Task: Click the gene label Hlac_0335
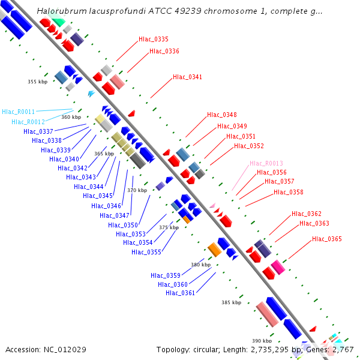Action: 153,39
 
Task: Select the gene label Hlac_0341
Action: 187,77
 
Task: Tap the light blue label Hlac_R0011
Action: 18,112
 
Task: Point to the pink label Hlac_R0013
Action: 266,163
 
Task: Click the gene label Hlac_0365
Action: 327,239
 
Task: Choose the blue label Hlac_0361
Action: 180,293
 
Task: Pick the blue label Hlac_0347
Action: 115,215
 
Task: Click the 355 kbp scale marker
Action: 37,82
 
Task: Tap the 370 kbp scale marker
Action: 137,190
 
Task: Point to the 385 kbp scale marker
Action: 231,303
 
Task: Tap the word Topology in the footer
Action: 173,349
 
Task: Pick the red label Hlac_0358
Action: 288,192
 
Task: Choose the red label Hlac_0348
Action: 221,115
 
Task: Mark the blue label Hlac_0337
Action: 38,131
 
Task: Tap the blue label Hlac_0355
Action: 146,252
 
